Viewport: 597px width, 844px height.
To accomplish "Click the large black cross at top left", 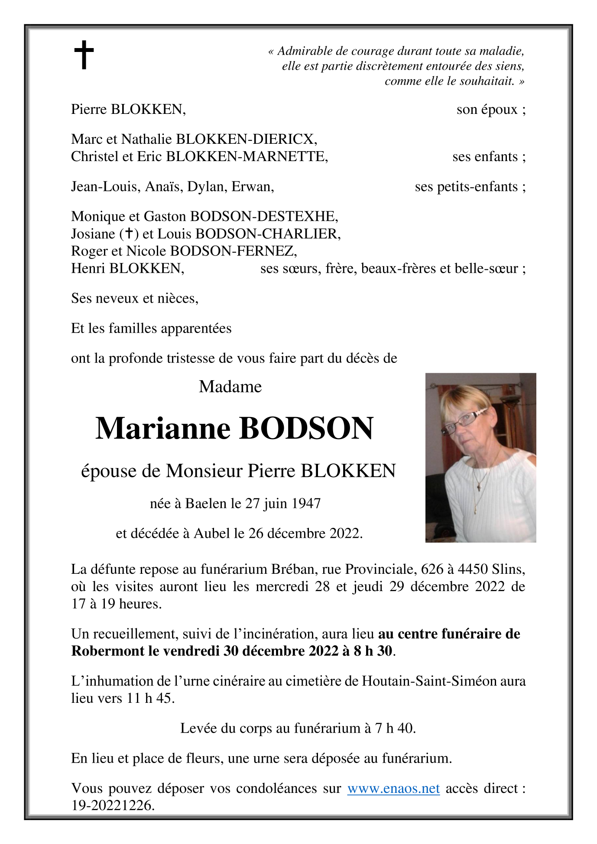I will [84, 55].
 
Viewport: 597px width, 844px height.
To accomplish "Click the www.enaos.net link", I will [393, 788].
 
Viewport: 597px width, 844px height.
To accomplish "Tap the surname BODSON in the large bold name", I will [306, 428].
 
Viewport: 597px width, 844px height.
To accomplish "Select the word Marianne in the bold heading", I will [163, 428].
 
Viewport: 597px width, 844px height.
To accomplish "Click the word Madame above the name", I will [230, 386].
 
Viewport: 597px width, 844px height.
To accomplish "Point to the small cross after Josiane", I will [128, 234].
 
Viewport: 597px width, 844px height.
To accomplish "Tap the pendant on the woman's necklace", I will [479, 487].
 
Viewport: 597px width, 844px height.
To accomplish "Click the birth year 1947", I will [306, 503].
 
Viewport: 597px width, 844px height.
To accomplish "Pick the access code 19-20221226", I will [113, 805].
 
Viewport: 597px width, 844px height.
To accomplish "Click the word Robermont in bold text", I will [108, 651].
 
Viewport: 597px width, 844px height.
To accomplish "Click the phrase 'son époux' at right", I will [487, 110].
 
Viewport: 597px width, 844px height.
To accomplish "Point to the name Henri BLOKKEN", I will [127, 268].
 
